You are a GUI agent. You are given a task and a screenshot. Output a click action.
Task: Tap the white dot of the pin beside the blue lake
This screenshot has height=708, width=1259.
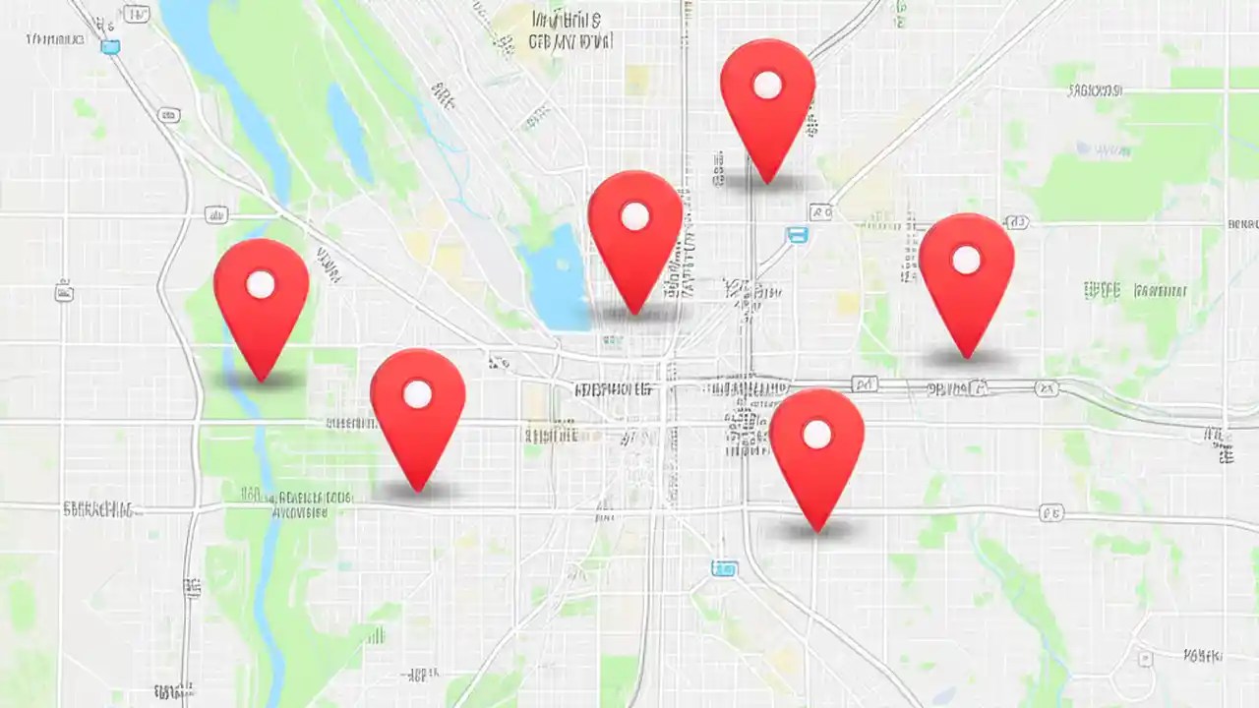tap(634, 216)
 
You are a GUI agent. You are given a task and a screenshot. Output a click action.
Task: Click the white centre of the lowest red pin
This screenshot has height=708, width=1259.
tap(816, 434)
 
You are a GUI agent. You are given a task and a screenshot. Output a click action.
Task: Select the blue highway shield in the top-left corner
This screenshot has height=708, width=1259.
tap(110, 47)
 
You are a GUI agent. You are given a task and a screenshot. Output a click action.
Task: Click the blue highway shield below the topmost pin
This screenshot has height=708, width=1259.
tap(797, 234)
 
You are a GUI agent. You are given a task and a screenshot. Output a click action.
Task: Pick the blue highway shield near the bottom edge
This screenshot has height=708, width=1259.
tap(724, 567)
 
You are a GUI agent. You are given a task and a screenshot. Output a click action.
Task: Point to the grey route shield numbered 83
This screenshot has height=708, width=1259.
tap(820, 211)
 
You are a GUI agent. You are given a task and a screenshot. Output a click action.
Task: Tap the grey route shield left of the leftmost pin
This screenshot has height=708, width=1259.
tap(64, 291)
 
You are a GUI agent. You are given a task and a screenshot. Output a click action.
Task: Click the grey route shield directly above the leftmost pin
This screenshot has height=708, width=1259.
tap(215, 214)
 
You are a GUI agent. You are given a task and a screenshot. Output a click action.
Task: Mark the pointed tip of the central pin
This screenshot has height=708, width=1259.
tap(635, 313)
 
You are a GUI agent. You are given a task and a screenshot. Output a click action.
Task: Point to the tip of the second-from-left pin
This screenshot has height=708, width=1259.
tap(418, 489)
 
